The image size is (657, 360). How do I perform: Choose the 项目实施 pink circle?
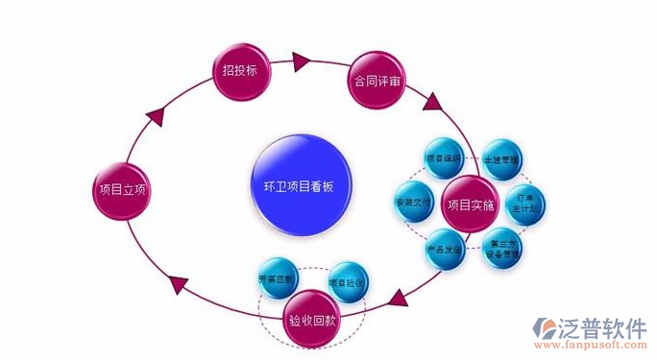coord(470,204)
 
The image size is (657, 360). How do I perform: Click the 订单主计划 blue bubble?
coord(525,204)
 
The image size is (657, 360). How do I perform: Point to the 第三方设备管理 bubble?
coord(500,248)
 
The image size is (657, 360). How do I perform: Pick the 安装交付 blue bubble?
coord(415,204)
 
